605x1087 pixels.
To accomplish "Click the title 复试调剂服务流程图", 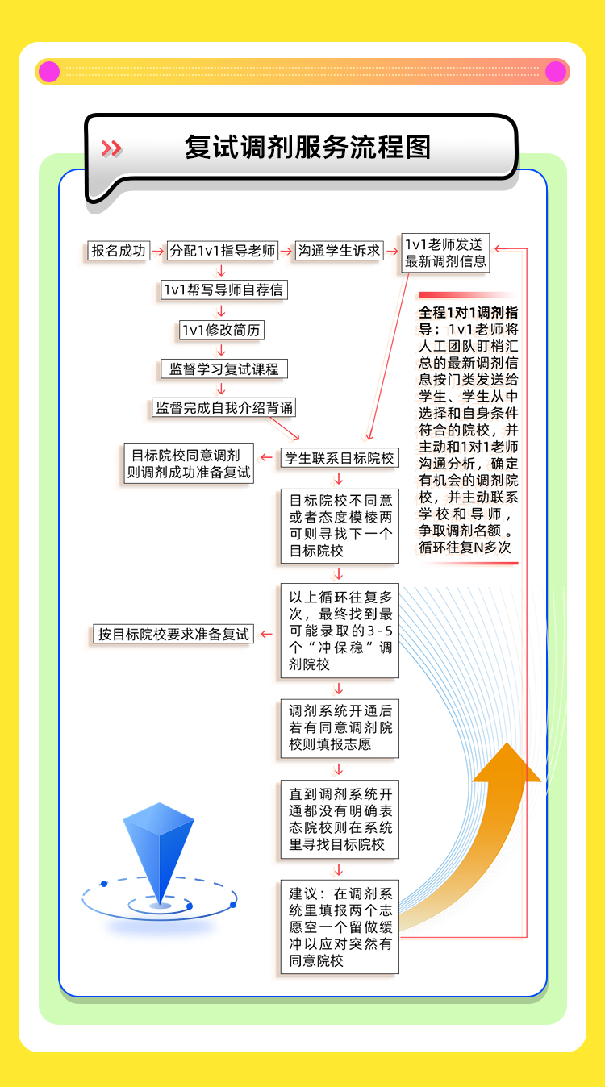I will click(307, 148).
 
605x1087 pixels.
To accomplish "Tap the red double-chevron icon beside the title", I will click(111, 148).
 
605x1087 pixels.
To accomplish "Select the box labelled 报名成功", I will click(119, 251).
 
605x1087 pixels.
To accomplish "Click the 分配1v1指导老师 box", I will click(222, 251).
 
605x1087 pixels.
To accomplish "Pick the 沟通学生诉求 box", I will click(339, 251).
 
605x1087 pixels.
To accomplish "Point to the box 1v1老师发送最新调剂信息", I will click(445, 252).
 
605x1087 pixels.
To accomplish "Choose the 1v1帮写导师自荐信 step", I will click(223, 289).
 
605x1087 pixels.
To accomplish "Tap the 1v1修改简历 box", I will click(222, 329).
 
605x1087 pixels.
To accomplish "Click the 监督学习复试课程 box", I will click(223, 369).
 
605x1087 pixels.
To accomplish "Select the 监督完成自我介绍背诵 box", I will click(223, 407).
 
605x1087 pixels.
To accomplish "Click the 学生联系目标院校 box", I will click(340, 458).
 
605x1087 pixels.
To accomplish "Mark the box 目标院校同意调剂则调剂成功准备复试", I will click(188, 464).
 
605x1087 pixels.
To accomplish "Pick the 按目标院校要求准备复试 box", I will click(173, 634).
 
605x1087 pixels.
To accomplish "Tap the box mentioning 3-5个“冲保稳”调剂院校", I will click(340, 631).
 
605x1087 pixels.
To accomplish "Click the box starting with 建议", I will click(340, 927).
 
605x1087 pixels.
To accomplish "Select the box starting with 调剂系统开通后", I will click(340, 727).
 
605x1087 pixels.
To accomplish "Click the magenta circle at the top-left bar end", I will click(49, 72).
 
